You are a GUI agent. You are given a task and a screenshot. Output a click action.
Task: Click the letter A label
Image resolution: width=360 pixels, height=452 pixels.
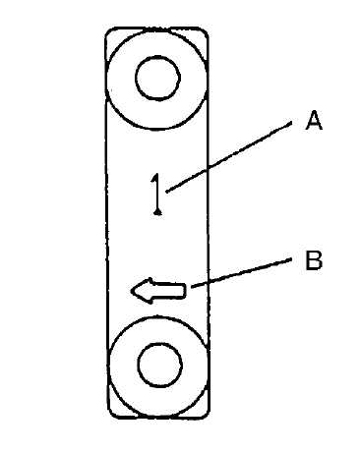click(314, 120)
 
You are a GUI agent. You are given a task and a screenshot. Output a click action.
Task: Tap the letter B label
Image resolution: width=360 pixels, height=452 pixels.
click(314, 260)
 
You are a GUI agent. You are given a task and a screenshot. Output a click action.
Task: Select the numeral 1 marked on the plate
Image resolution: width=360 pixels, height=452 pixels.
click(157, 194)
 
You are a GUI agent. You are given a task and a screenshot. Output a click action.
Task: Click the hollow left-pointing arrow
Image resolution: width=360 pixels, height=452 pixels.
click(158, 290)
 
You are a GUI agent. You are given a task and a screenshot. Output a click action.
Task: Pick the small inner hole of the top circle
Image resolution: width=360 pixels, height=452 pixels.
click(157, 78)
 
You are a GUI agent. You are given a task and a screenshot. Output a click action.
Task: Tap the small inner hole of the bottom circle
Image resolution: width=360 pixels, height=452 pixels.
click(159, 365)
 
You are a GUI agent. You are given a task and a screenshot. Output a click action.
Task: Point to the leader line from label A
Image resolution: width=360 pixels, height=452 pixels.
click(229, 156)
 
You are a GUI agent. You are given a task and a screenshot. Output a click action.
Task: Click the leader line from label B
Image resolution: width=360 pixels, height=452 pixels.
click(241, 273)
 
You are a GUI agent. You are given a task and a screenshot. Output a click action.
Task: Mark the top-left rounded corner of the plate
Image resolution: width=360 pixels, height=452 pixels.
click(109, 31)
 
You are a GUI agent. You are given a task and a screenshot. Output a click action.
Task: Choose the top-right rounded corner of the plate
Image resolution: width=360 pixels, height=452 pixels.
click(205, 31)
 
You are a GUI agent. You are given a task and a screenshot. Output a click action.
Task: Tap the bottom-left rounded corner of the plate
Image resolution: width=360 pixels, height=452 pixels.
click(111, 415)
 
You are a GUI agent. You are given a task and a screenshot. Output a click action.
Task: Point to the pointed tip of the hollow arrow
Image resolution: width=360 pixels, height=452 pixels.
click(131, 291)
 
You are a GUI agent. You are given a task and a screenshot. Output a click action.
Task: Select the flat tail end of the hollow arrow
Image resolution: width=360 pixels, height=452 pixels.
click(186, 291)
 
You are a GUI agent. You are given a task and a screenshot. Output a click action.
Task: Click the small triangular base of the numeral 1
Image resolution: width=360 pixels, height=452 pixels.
click(157, 212)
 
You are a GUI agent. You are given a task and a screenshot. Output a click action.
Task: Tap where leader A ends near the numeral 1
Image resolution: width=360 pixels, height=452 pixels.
click(166, 192)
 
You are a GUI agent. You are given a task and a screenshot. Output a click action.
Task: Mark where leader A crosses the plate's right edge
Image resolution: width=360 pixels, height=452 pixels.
click(208, 169)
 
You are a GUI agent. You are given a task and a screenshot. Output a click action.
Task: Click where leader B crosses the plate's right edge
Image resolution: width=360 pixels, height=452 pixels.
click(209, 284)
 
